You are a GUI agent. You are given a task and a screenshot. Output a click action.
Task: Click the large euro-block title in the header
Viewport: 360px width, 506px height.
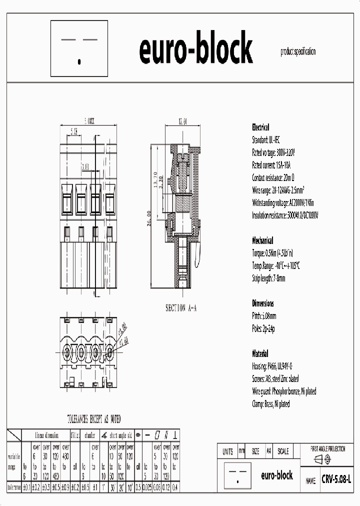(196, 50)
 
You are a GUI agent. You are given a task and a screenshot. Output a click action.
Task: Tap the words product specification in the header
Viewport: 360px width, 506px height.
(298, 51)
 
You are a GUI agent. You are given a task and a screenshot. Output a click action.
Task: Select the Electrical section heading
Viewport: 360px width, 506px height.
(260, 127)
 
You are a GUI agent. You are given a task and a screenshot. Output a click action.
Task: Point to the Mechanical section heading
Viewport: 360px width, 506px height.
(263, 240)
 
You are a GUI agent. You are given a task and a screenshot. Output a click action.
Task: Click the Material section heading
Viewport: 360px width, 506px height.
(260, 353)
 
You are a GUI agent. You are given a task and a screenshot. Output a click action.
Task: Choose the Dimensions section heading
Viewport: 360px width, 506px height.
(263, 303)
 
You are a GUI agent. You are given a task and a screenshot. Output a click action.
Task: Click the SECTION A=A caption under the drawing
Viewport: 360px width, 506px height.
(181, 308)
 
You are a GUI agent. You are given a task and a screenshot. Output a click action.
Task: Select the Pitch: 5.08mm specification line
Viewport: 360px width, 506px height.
(264, 316)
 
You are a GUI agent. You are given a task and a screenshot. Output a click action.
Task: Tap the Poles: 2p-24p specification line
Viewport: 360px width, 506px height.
(263, 328)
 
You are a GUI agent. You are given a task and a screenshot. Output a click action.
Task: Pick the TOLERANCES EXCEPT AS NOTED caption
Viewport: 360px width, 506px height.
(94, 419)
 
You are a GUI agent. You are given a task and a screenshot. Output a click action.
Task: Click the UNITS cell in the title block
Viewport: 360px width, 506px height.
(227, 451)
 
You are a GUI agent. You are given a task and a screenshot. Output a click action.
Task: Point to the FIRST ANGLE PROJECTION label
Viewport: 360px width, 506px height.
(327, 449)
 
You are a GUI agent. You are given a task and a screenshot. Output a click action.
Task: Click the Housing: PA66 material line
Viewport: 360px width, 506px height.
(272, 366)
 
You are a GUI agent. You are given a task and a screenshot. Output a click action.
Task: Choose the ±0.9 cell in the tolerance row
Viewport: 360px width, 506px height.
(64, 486)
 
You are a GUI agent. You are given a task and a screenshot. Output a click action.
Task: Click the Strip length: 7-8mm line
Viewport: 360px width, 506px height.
(269, 278)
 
